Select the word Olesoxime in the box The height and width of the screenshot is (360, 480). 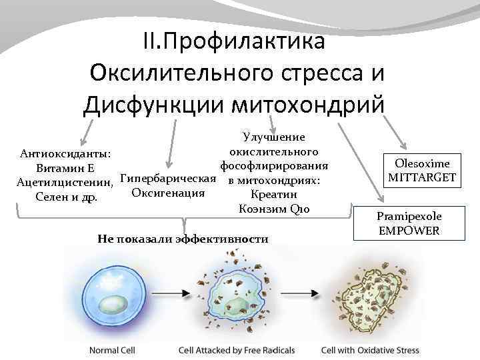pyautogui.click(x=422, y=163)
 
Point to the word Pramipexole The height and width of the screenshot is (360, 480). pyautogui.click(x=409, y=216)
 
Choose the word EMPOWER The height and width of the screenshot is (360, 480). pyautogui.click(x=409, y=230)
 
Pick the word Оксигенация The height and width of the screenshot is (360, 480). pyautogui.click(x=167, y=193)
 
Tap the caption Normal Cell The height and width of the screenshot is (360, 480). pyautogui.click(x=113, y=350)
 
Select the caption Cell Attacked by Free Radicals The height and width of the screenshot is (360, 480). pyautogui.click(x=236, y=350)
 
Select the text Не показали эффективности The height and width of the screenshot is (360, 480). pyautogui.click(x=183, y=238)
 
